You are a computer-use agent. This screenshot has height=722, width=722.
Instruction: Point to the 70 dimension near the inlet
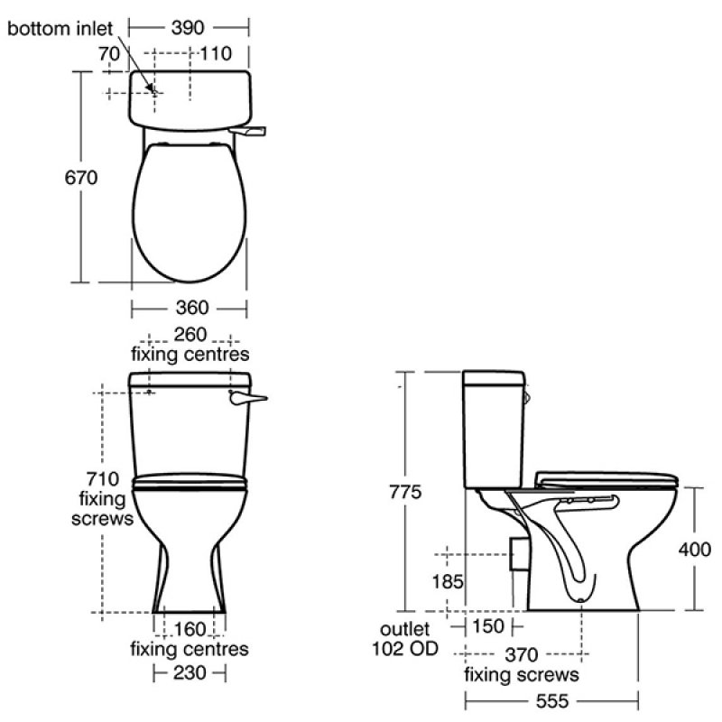tap(110, 54)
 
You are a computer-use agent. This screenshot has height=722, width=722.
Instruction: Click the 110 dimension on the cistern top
tap(218, 54)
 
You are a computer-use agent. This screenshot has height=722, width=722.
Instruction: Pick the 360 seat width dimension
tap(189, 309)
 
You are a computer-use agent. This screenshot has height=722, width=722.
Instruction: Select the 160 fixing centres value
tap(189, 629)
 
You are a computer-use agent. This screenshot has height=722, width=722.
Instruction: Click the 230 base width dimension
tap(190, 672)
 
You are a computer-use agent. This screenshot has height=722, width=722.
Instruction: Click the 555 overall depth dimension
tap(552, 699)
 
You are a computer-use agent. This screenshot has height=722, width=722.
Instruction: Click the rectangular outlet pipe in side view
tap(517, 551)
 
